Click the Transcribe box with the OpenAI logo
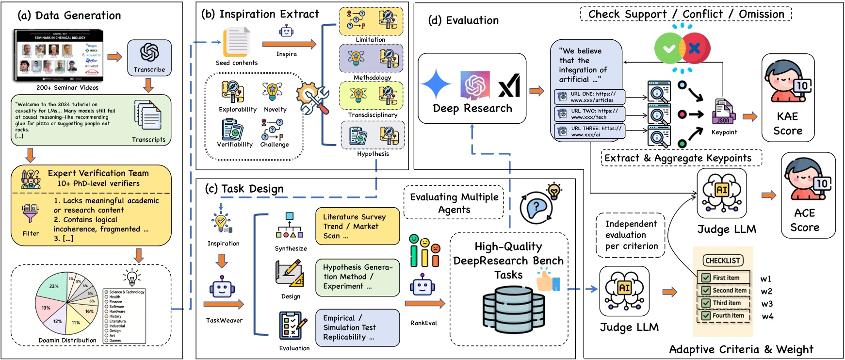pyautogui.click(x=149, y=57)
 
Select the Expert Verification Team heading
pyautogui.click(x=98, y=173)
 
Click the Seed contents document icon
pyautogui.click(x=236, y=43)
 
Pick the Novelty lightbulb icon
pyautogui.click(x=272, y=92)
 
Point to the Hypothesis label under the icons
pyautogui.click(x=373, y=154)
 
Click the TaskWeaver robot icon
pyautogui.click(x=222, y=287)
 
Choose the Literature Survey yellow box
pyautogui.click(x=357, y=226)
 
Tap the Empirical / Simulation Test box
pyautogui.click(x=357, y=327)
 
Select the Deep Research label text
pyautogui.click(x=472, y=108)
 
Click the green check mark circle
pyautogui.click(x=668, y=49)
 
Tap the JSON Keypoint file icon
pyautogui.click(x=723, y=112)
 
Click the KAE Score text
pyautogui.click(x=787, y=124)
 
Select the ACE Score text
pyautogui.click(x=804, y=220)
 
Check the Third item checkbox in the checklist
pyautogui.click(x=706, y=303)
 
